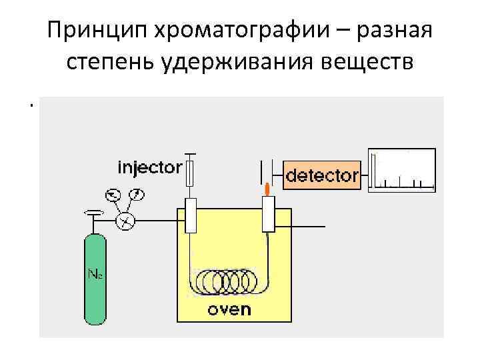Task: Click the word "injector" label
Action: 149,167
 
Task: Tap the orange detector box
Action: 322,175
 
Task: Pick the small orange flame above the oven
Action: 267,189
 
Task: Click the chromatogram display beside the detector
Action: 402,170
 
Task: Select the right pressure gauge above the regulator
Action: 137,195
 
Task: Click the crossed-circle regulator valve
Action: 125,220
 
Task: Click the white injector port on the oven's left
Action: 191,215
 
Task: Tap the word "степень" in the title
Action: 109,62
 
